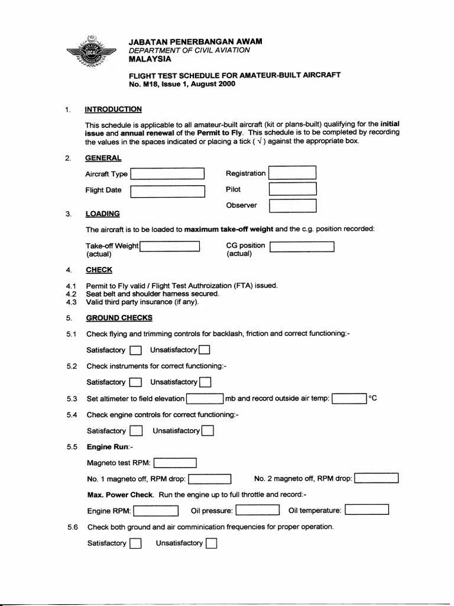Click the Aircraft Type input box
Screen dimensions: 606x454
[x=167, y=174]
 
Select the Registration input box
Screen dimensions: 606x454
[x=292, y=173]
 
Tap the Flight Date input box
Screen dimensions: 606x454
[x=167, y=191]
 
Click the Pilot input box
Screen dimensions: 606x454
[x=293, y=189]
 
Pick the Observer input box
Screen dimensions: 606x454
[x=293, y=205]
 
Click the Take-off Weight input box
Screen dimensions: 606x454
[x=170, y=246]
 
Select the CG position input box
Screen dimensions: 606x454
[x=302, y=246]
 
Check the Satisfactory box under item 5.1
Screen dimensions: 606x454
[x=136, y=350]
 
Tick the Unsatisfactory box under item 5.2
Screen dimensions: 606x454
[x=205, y=382]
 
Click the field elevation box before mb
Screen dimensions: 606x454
[x=205, y=399]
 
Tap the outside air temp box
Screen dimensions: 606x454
[x=349, y=399]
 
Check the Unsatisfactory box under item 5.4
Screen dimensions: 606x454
[x=207, y=431]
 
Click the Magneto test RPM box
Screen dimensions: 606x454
[x=175, y=463]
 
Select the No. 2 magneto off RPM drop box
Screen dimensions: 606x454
[x=377, y=478]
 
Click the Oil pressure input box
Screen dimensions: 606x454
[x=258, y=510]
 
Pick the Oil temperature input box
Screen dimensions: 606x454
[x=367, y=510]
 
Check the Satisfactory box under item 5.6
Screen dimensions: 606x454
[x=135, y=543]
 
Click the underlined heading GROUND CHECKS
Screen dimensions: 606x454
[x=119, y=318]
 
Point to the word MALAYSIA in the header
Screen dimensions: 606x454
[x=150, y=59]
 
